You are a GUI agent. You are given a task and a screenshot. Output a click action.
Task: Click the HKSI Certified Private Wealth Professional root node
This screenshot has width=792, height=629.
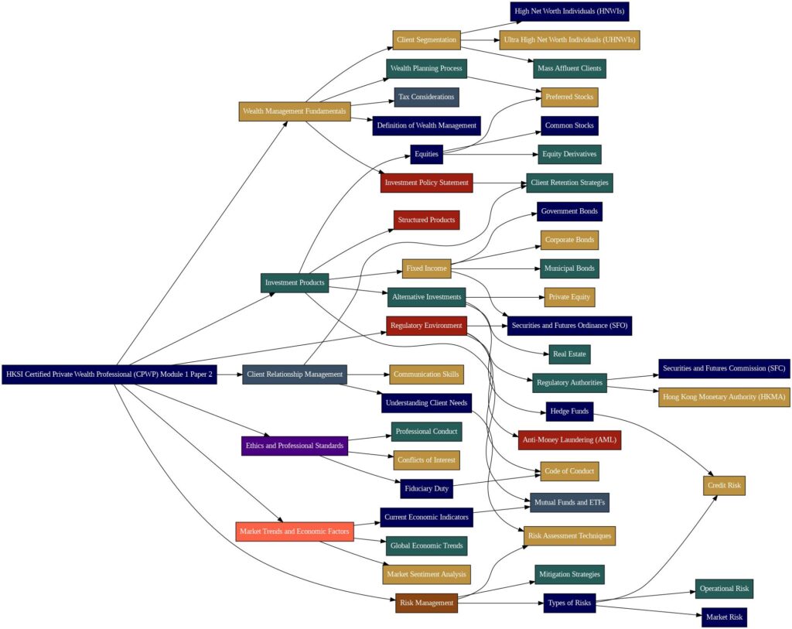(x=109, y=374)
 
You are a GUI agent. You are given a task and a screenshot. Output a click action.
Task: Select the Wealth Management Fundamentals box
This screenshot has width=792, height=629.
(x=295, y=111)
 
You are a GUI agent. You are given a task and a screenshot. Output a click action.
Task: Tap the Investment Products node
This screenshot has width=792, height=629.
(x=295, y=283)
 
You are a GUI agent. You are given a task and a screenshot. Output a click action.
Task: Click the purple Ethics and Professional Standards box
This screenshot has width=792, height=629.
(x=295, y=446)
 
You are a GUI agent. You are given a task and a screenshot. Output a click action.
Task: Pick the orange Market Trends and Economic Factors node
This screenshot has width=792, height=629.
(x=295, y=532)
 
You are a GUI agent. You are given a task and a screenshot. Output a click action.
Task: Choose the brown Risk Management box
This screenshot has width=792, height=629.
(x=426, y=603)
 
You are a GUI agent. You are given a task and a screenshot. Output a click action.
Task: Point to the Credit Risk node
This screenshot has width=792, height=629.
(x=724, y=486)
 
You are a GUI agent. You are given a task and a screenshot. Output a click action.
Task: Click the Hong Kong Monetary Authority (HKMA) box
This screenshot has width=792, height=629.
(x=724, y=397)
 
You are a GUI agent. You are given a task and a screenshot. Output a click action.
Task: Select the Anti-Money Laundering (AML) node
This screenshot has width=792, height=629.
(x=569, y=440)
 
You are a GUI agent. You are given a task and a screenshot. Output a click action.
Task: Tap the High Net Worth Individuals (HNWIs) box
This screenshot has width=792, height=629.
(x=569, y=11)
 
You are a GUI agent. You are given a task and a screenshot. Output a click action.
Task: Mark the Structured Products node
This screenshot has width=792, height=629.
(x=426, y=220)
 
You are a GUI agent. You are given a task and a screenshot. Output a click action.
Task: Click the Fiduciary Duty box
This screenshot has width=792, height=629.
(x=426, y=488)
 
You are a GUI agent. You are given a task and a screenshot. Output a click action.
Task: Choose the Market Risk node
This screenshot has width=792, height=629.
(x=724, y=617)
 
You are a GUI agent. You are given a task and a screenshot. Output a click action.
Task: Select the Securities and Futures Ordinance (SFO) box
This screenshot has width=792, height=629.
(x=569, y=326)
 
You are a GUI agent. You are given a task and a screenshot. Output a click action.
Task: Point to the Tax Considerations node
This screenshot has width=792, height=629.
(x=426, y=97)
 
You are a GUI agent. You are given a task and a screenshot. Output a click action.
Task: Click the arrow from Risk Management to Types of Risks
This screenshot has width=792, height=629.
(x=500, y=603)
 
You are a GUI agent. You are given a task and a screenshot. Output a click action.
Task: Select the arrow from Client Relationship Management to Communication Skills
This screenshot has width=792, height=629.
(x=368, y=374)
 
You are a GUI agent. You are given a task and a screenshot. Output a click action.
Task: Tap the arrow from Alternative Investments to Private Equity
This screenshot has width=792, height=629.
(x=505, y=297)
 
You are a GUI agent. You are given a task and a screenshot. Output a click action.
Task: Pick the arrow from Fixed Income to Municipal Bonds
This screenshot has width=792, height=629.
(x=496, y=268)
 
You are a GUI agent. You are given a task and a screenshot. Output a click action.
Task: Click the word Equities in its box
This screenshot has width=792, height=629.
(x=426, y=154)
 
